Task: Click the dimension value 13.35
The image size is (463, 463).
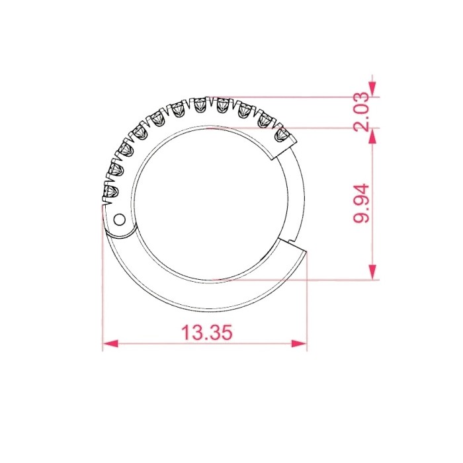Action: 206,332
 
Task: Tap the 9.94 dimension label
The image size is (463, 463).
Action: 361,203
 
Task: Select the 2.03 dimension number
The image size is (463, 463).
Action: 361,112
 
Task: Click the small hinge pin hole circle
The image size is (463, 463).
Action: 120,220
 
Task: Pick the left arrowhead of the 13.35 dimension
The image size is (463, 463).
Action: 110,343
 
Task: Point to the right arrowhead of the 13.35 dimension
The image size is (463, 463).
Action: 299,343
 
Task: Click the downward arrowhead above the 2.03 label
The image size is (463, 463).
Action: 373,89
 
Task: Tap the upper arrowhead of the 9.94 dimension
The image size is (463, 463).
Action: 373,136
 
